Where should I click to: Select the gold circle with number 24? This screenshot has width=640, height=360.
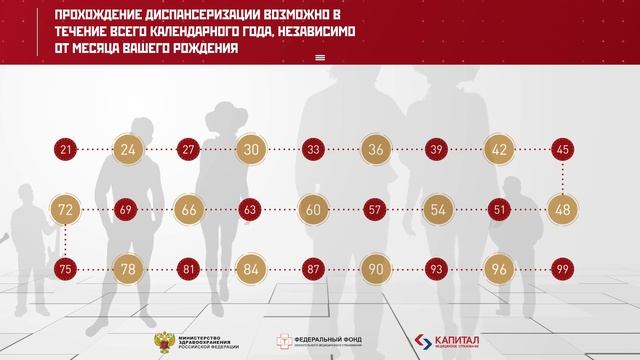(x=128, y=150)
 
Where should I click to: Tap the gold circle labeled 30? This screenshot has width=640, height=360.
(x=251, y=150)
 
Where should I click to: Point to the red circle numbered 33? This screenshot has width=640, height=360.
(x=313, y=150)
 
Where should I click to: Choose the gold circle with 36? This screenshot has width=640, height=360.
(x=376, y=150)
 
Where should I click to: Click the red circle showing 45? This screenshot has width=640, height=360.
(x=562, y=150)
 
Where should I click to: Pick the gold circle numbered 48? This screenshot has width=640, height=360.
(x=562, y=210)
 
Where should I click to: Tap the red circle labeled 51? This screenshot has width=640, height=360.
(x=500, y=210)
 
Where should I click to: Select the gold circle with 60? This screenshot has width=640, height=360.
(x=313, y=210)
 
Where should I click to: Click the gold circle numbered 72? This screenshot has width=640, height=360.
(x=66, y=210)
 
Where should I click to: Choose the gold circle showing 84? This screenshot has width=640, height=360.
(x=251, y=270)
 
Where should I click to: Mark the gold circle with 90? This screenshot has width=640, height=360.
(x=376, y=270)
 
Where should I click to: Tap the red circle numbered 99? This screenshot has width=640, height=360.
(x=562, y=270)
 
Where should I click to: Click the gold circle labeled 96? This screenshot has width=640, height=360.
(x=500, y=270)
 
